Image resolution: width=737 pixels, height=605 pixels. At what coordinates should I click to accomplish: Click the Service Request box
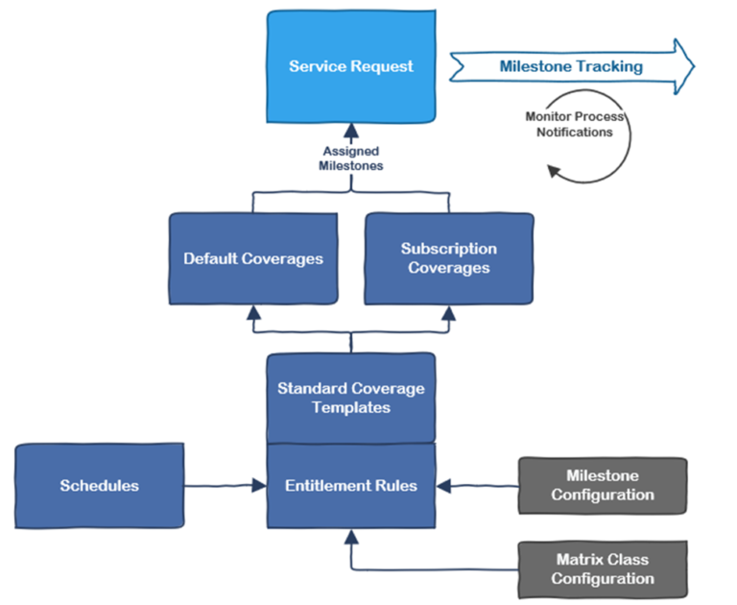coord(351,66)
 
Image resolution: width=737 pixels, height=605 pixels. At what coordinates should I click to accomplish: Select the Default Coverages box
coord(253,258)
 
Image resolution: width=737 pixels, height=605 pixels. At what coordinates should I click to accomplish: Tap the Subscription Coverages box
coord(448,258)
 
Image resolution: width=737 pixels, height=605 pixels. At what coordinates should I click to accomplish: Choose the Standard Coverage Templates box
coord(351,398)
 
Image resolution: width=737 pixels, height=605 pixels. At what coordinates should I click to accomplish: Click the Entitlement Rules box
coord(351,486)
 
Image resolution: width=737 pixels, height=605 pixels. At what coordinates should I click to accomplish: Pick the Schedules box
coord(100,486)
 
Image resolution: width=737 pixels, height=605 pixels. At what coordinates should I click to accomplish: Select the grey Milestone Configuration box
coord(603,485)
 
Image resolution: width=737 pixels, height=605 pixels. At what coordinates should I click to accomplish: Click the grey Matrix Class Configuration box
coord(603,569)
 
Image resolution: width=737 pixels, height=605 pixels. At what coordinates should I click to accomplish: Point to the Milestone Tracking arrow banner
coord(571,66)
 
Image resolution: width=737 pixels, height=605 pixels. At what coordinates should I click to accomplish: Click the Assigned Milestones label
coord(351,158)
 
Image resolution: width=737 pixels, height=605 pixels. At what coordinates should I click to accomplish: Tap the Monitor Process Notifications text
coord(575,124)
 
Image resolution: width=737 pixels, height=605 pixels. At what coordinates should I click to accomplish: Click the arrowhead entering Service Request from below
coord(351,132)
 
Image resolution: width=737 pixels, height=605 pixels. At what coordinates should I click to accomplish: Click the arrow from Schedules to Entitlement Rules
coord(225,486)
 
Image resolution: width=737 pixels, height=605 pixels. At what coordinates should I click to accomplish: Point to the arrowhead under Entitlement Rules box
coord(351,535)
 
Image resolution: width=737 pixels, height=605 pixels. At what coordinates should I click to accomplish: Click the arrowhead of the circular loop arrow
coord(554,171)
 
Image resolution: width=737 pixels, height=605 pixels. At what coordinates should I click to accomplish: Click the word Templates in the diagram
coord(351,407)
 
